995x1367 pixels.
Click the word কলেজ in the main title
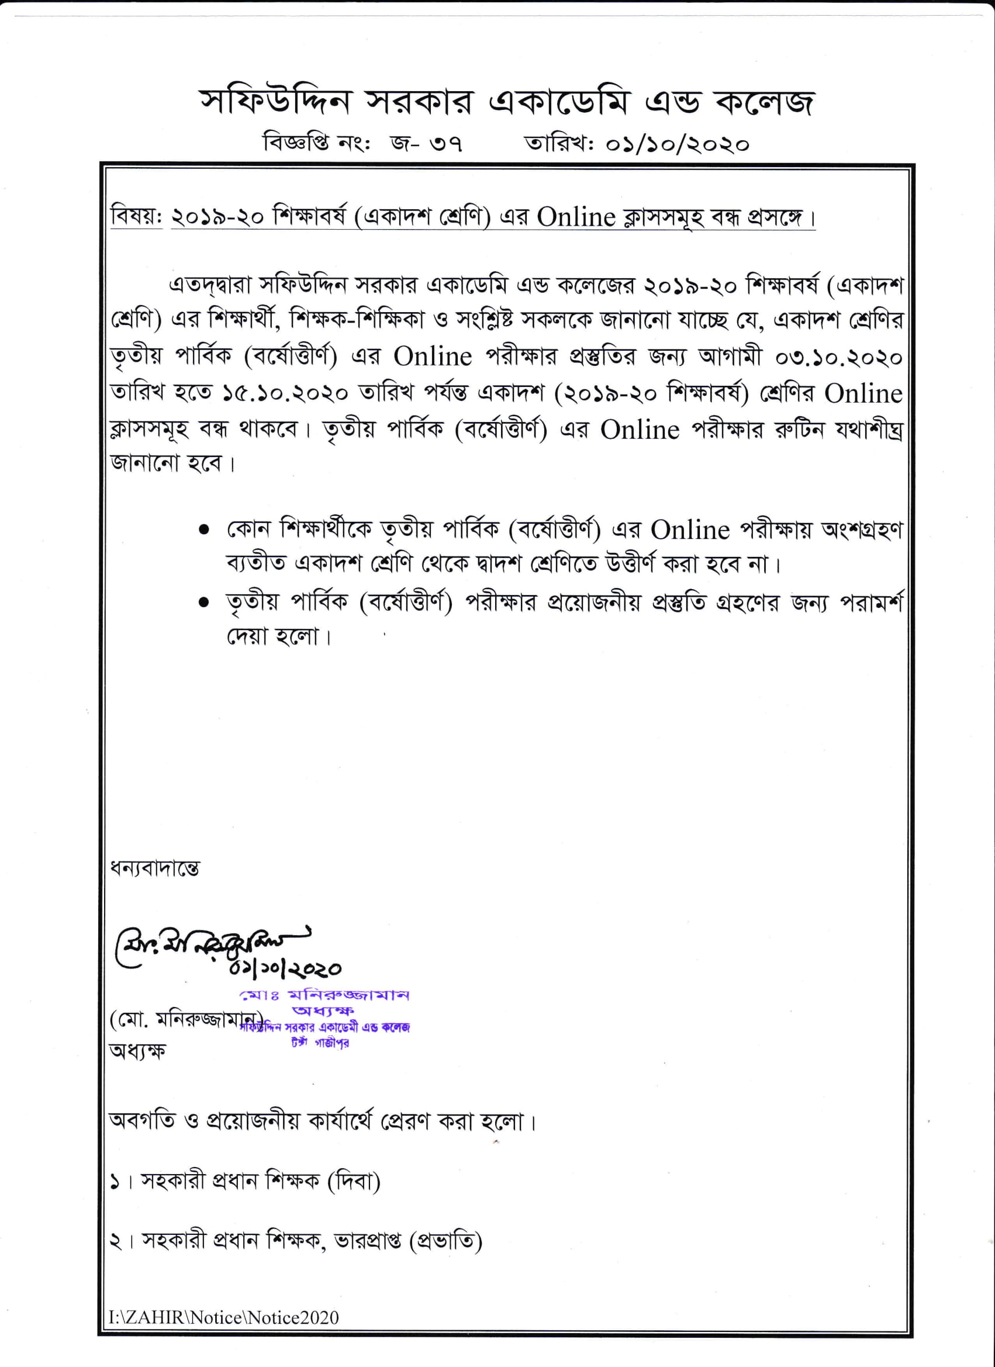coord(764,102)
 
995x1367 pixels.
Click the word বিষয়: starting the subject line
coord(136,217)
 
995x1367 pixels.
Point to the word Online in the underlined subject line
coord(576,217)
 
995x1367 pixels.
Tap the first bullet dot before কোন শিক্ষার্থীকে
coord(205,530)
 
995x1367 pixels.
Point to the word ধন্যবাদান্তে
coord(154,868)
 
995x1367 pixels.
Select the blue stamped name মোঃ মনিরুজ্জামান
coord(324,995)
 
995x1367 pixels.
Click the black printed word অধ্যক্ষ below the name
coord(137,1051)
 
